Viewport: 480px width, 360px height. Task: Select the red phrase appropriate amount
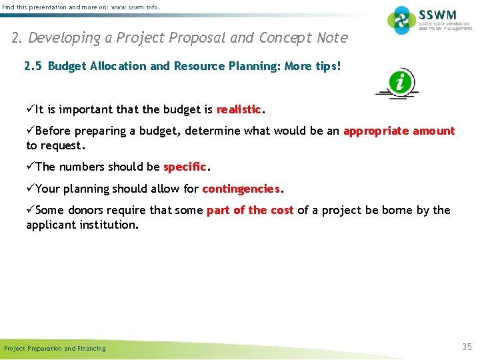click(x=399, y=131)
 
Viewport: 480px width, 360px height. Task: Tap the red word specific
click(x=186, y=167)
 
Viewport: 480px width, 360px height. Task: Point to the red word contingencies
click(x=241, y=189)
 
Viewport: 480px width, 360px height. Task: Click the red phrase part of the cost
click(x=250, y=211)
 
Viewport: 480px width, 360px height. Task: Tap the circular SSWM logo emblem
click(x=403, y=21)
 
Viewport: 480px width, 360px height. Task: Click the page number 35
click(x=467, y=347)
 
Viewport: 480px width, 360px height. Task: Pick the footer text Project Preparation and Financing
click(x=55, y=349)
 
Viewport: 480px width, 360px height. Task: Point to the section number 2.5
click(x=33, y=67)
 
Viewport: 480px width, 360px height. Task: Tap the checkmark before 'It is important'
click(x=30, y=109)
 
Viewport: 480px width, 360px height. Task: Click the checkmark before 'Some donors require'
click(x=30, y=211)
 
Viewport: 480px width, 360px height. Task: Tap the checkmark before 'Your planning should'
click(x=30, y=189)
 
